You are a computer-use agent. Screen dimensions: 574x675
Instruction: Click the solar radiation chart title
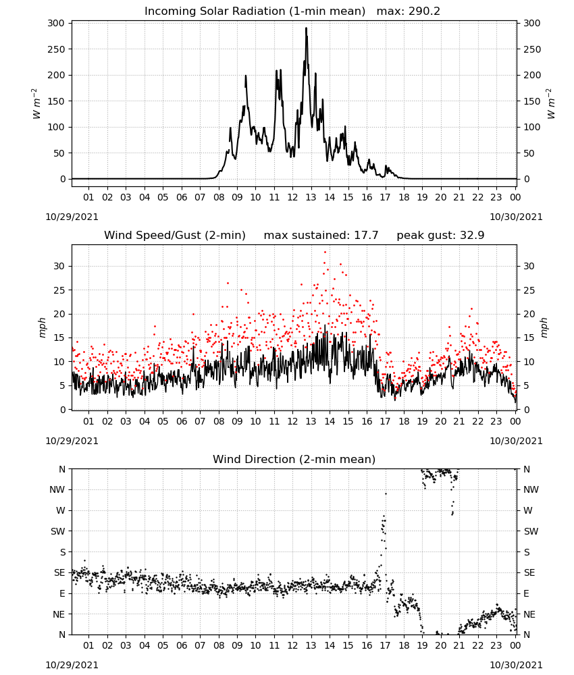point(255,11)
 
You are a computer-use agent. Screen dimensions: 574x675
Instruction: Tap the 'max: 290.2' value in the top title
point(409,11)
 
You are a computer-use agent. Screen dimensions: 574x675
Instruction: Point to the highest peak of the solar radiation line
point(306,28)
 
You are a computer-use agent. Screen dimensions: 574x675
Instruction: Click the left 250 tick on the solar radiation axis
point(57,49)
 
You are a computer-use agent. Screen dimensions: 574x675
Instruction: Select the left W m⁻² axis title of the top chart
point(36,104)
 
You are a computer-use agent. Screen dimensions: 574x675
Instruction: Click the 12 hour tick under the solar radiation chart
point(292,197)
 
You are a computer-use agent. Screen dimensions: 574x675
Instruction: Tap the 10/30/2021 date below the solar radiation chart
point(516,217)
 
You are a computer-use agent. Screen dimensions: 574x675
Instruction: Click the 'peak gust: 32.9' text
point(440,236)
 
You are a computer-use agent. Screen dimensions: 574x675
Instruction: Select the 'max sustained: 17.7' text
point(321,236)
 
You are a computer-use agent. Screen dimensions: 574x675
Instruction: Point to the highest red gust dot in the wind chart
point(325,252)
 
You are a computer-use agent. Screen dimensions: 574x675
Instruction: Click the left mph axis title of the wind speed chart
point(42,327)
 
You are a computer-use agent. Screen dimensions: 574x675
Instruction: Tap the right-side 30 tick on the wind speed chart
point(529,266)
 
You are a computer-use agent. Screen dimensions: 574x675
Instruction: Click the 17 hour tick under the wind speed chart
point(385,421)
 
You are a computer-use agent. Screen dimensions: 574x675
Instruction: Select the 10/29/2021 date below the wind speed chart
point(72,441)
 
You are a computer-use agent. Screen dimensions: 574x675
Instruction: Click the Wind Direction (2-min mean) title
point(294,459)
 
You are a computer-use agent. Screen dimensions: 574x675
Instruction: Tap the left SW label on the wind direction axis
point(58,531)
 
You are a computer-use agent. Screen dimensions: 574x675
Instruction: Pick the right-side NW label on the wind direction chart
point(531,489)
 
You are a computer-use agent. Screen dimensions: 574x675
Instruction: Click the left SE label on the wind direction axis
point(59,572)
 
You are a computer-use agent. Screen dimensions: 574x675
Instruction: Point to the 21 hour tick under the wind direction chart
point(459,645)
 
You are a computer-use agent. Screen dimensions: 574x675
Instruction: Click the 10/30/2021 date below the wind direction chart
point(516,665)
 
